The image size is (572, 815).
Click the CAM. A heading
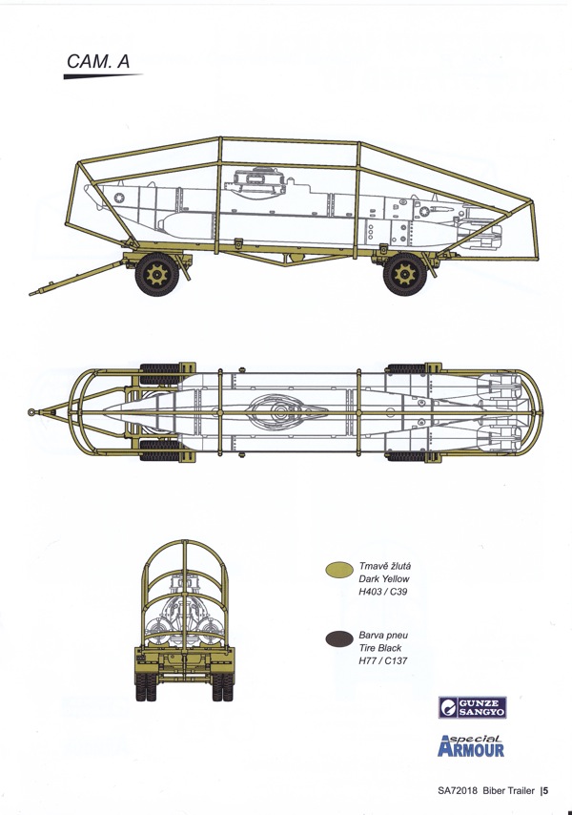click(98, 61)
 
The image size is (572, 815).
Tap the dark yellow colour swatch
click(339, 570)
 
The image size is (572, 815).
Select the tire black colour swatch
click(339, 638)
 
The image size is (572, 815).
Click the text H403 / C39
click(382, 592)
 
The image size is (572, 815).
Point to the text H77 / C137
click(382, 660)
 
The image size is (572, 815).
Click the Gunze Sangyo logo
click(472, 707)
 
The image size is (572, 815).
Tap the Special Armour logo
click(471, 745)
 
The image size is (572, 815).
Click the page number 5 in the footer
click(545, 790)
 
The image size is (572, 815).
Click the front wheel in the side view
click(157, 274)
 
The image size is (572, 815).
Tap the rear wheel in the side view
click(405, 274)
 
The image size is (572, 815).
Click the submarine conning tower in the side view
click(255, 182)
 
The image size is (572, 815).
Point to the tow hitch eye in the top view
click(31, 412)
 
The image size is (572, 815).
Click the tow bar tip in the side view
click(32, 294)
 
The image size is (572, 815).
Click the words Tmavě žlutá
click(384, 566)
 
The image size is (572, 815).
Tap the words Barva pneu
click(383, 636)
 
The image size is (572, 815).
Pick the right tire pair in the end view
click(223, 686)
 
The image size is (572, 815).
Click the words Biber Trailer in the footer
click(508, 790)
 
